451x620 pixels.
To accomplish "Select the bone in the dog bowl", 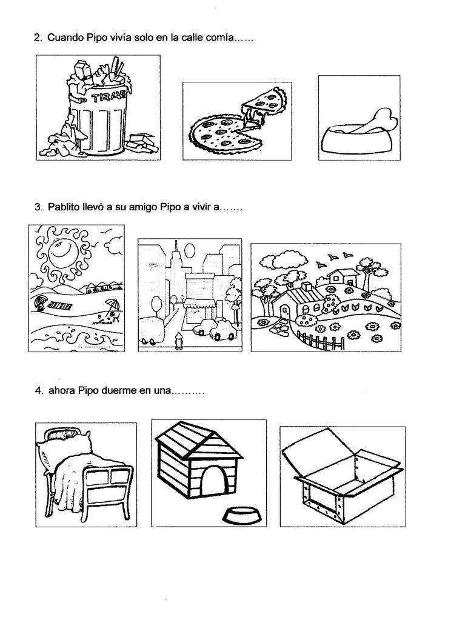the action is tap(376, 122).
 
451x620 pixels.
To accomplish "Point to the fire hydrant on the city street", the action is tap(179, 341).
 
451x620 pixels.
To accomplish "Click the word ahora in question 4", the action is tap(62, 391).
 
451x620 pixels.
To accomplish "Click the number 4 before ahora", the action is tap(39, 391).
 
